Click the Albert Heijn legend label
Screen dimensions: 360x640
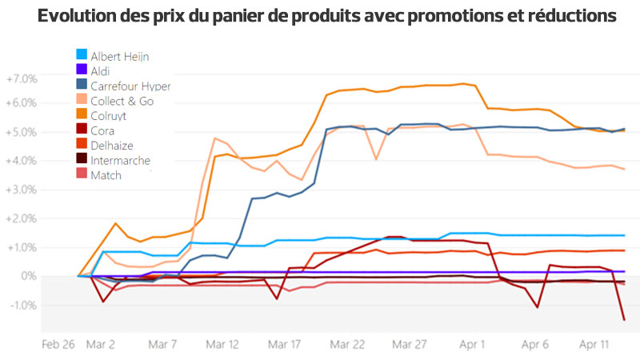tap(119, 56)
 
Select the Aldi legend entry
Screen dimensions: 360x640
tap(102, 71)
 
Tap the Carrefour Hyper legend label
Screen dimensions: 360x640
tap(130, 86)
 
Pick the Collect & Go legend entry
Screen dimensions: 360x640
tap(122, 101)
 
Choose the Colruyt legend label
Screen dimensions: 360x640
tap(109, 116)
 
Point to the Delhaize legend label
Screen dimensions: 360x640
tap(112, 146)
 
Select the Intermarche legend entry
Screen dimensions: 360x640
tap(120, 160)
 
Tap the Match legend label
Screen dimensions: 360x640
tap(106, 175)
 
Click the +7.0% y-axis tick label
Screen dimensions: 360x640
tap(22, 79)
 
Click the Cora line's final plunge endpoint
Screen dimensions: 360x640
tap(624, 320)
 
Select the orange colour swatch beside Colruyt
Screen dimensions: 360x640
tap(82, 116)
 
